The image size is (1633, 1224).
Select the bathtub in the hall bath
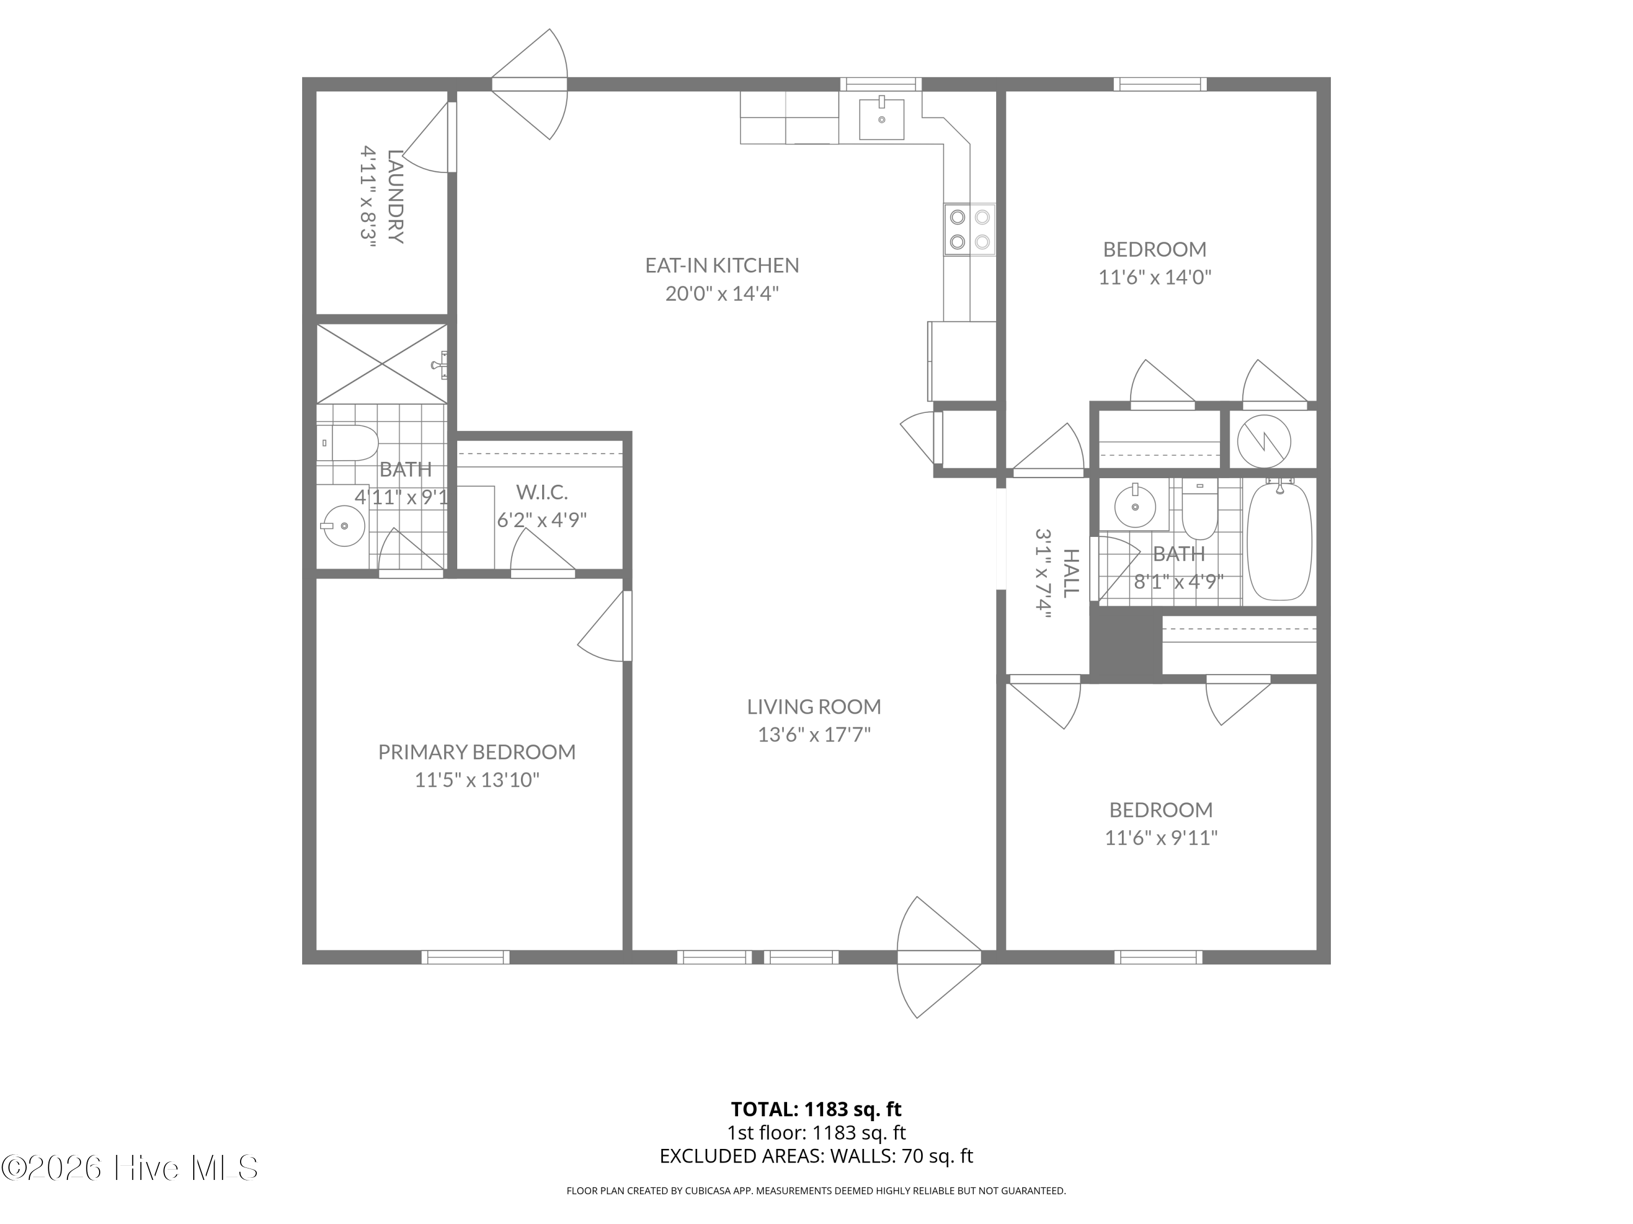(1279, 541)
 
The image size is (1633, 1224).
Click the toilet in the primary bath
(348, 443)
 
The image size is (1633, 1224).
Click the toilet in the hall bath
(1200, 509)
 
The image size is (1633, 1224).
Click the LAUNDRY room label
(395, 196)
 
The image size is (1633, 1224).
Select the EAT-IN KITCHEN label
(722, 265)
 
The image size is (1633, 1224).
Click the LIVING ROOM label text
(814, 706)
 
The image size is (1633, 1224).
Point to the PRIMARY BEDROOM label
(477, 752)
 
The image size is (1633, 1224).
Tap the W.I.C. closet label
(542, 492)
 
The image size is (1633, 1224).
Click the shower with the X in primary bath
(382, 364)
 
